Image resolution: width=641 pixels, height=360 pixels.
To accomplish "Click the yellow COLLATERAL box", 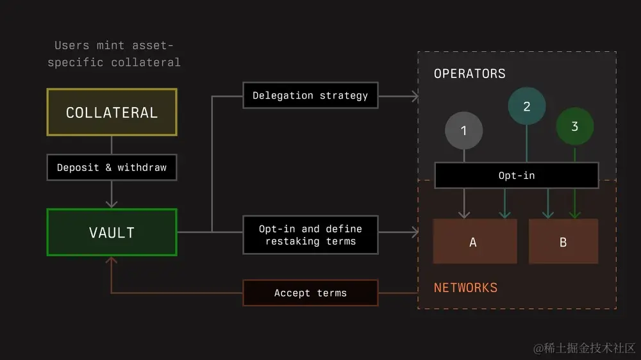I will click(x=112, y=112).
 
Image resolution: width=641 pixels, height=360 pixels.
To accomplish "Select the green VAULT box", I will click(x=112, y=232).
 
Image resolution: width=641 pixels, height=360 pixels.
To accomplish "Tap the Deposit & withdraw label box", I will click(x=112, y=167).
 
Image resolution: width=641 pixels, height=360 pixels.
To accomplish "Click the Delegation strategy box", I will click(x=310, y=95).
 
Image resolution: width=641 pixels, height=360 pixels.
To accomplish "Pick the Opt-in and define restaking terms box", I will click(x=310, y=234).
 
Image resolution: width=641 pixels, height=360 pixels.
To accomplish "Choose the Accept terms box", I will click(x=310, y=293).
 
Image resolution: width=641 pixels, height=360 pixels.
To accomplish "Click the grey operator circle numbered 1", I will click(x=463, y=131).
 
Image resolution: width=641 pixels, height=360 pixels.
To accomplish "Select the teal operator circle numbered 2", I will click(x=527, y=106).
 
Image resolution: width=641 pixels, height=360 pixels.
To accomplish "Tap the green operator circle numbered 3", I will click(x=574, y=126).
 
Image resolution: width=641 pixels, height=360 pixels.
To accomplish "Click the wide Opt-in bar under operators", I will click(x=517, y=175).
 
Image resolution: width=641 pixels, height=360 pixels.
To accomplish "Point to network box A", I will click(x=474, y=241).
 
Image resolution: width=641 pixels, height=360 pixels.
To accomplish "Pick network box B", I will click(x=563, y=241).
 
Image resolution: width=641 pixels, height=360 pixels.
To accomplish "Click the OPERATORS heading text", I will click(x=469, y=74).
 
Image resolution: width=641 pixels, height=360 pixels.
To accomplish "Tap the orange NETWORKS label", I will click(x=465, y=288).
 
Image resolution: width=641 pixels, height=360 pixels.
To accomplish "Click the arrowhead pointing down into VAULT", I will click(x=112, y=204).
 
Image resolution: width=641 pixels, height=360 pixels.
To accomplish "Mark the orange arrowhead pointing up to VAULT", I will click(x=112, y=260).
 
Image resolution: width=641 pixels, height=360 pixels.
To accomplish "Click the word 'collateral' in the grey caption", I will click(x=146, y=62).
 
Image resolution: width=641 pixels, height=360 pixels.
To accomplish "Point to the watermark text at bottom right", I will click(x=584, y=348).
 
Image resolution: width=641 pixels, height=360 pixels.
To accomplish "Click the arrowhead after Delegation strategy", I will click(x=415, y=96).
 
